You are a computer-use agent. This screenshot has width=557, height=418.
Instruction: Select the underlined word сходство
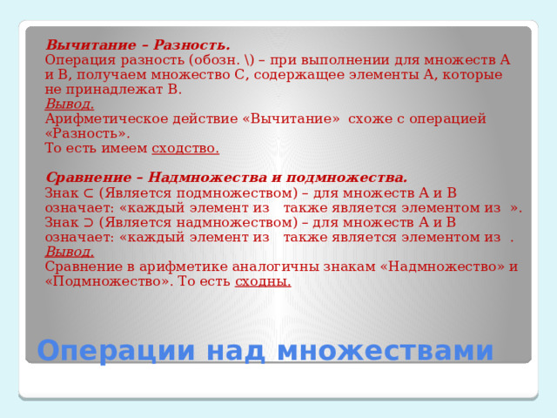(x=185, y=148)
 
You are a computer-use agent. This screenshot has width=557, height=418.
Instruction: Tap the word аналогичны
(x=272, y=266)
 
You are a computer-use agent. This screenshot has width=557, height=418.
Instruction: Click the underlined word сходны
(x=263, y=281)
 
